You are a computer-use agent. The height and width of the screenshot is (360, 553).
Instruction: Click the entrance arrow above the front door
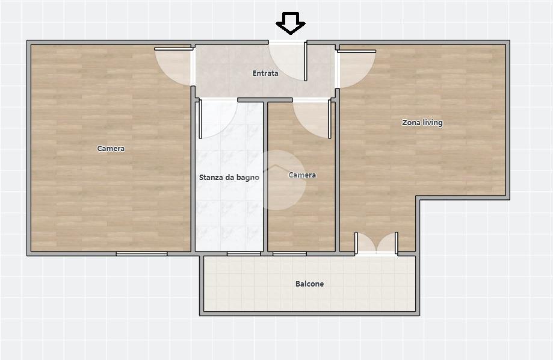[290, 23]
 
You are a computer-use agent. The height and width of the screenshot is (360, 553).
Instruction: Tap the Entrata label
[265, 73]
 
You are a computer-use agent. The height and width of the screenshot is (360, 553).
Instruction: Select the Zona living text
[422, 123]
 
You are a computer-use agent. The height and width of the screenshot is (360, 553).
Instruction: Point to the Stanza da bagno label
[229, 177]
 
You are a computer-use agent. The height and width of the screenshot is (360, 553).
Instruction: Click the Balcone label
[309, 284]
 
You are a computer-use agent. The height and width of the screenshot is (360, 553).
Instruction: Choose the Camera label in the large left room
[111, 149]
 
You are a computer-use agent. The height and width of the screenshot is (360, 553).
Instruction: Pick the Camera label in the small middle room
[302, 175]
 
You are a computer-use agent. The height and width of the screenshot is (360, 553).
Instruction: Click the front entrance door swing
[288, 61]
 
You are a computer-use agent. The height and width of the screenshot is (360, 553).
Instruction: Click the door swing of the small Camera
[313, 119]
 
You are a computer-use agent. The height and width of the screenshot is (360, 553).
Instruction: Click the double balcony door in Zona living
[376, 243]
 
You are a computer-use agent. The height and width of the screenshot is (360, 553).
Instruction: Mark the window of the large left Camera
[142, 254]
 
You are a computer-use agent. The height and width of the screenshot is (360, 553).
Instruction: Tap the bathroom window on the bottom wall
[244, 254]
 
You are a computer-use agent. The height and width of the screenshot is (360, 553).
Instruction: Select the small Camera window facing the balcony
[289, 254]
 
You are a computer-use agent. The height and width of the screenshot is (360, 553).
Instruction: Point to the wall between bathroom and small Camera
[265, 176]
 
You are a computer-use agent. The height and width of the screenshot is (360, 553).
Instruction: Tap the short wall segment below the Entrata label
[265, 100]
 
